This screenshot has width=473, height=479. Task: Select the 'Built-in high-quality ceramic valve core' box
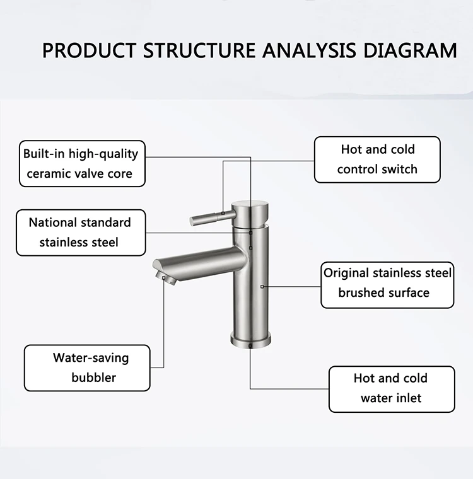pos(82,163)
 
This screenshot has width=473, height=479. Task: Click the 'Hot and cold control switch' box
pos(377,159)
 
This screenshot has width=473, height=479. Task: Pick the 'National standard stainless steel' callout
pos(81,233)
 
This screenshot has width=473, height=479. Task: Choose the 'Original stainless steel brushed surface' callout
pos(387,284)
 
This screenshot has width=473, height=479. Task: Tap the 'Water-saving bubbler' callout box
pos(87,367)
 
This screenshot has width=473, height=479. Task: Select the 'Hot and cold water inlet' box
pos(391,388)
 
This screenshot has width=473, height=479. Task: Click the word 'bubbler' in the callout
pos(93,378)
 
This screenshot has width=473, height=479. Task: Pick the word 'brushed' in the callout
pos(364,293)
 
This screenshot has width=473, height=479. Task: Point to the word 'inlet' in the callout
pos(408,398)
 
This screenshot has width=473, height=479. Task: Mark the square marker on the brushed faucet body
pos(262,286)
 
